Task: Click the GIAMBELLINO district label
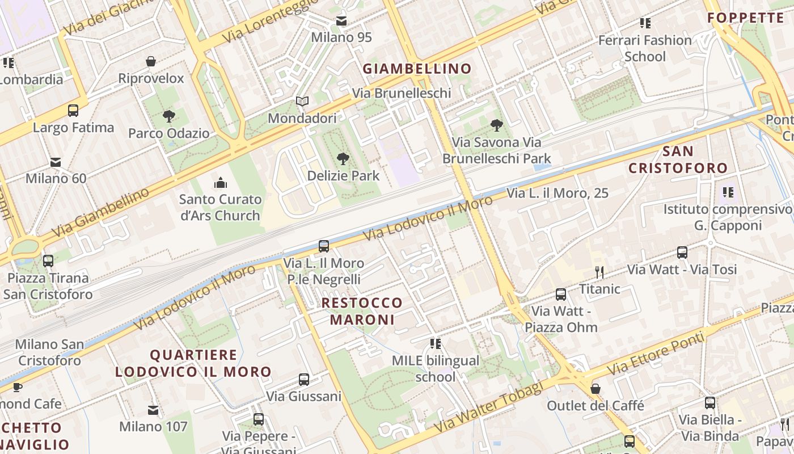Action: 417,69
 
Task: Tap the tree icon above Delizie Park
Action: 343,159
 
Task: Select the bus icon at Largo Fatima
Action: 73,111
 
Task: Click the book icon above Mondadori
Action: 302,102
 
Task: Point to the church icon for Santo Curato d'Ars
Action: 220,183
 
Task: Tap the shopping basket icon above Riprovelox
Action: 151,61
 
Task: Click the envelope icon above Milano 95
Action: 341,22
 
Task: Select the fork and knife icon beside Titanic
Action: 599,272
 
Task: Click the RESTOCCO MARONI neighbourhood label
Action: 362,311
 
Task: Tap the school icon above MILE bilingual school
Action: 436,344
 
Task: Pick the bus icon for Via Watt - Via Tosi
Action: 682,253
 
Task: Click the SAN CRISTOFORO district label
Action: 678,159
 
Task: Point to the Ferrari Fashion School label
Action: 645,48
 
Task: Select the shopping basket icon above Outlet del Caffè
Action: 595,389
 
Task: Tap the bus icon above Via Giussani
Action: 304,380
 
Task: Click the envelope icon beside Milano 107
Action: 153,410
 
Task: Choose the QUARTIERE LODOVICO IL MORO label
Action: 193,364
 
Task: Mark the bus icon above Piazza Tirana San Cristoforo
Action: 48,261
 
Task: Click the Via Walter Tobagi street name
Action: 488,406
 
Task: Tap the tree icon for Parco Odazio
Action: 168,117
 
